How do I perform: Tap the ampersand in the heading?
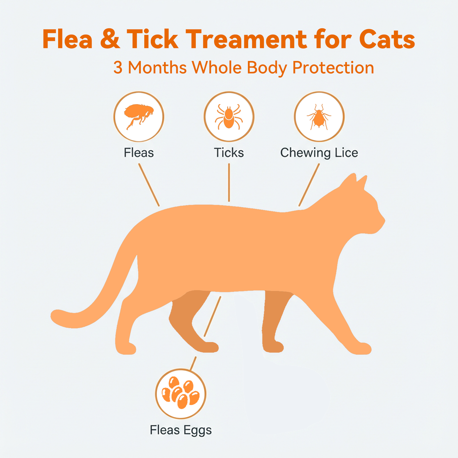110,39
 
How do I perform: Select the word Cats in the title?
387,39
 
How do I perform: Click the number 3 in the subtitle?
118,68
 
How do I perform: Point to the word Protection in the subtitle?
333,68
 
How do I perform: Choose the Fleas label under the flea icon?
139,153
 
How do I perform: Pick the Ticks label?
229,153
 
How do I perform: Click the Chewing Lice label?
319,153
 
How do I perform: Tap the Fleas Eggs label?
181,430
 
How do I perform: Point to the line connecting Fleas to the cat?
149,185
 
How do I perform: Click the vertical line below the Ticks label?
229,183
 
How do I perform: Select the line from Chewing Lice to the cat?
309,185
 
